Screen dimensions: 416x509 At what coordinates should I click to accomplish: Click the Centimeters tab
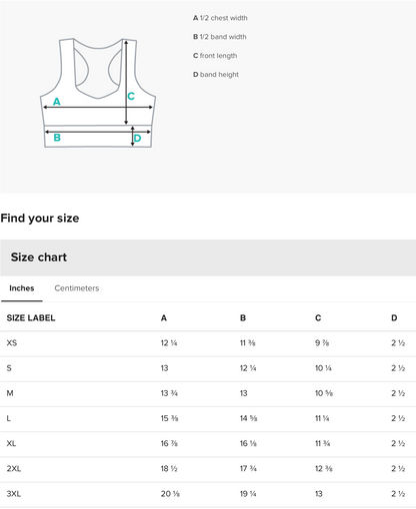coord(77,288)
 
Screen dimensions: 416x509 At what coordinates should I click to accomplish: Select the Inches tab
coord(22,288)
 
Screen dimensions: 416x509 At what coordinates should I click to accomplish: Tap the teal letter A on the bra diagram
coord(57,102)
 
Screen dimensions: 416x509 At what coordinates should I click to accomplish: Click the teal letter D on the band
coord(137,138)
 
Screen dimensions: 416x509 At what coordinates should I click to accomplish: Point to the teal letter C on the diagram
coord(131,96)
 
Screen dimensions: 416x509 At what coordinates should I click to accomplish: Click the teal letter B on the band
coord(57,138)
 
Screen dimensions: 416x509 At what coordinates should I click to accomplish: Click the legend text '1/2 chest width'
coord(224,18)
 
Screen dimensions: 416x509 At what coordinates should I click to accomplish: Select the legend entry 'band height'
coord(219,75)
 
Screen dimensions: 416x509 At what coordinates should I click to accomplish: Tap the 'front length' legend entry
coord(218,56)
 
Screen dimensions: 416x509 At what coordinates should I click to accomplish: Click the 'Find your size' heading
coord(40,219)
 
